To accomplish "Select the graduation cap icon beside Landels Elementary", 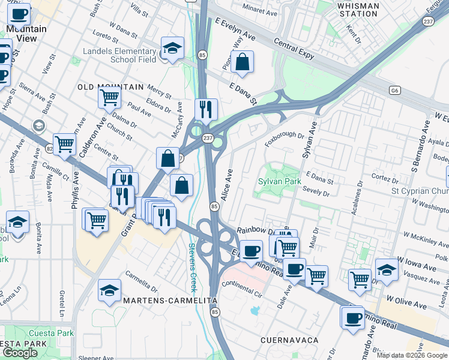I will pyautogui.click(x=172, y=48).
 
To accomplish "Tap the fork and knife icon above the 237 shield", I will pyautogui.click(x=205, y=109).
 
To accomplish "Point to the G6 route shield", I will pyautogui.click(x=394, y=91).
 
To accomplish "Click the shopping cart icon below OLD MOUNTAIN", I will pyautogui.click(x=110, y=97).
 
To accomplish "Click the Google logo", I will pyautogui.click(x=20, y=353).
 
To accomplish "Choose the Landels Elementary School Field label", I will pyautogui.click(x=119, y=55).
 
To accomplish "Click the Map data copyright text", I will pyautogui.click(x=412, y=355).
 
